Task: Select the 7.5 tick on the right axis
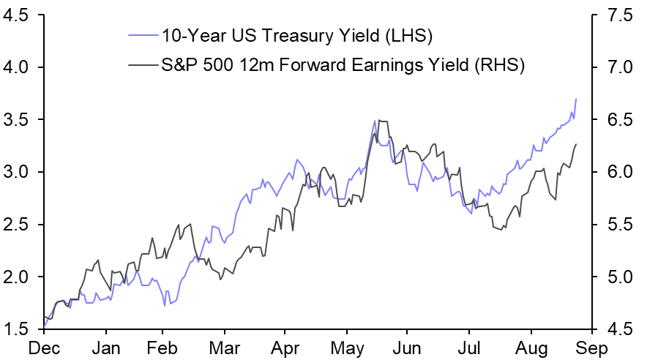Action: (617, 15)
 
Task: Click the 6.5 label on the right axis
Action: (617, 120)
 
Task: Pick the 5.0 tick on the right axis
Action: (617, 277)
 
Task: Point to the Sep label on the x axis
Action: (590, 348)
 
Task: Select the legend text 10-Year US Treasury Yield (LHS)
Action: (297, 34)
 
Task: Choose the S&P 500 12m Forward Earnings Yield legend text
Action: (343, 65)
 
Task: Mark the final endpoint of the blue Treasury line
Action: (576, 99)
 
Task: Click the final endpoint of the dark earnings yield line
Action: (576, 144)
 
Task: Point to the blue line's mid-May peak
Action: (375, 121)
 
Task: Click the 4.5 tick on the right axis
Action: (617, 330)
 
